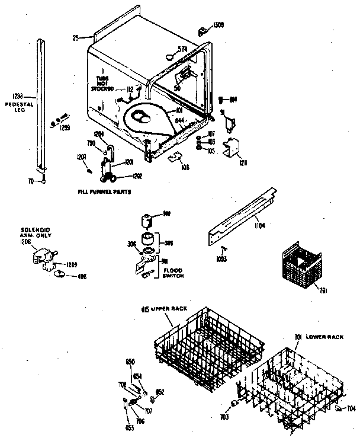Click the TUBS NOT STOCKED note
coord(102,85)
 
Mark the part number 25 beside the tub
coord(75,38)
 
